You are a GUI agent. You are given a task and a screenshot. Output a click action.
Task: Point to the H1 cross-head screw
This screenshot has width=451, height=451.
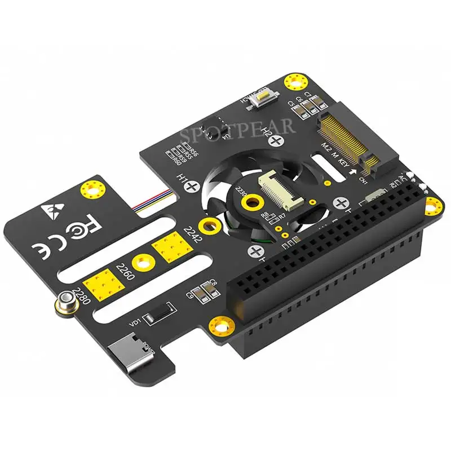(x=193, y=184)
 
